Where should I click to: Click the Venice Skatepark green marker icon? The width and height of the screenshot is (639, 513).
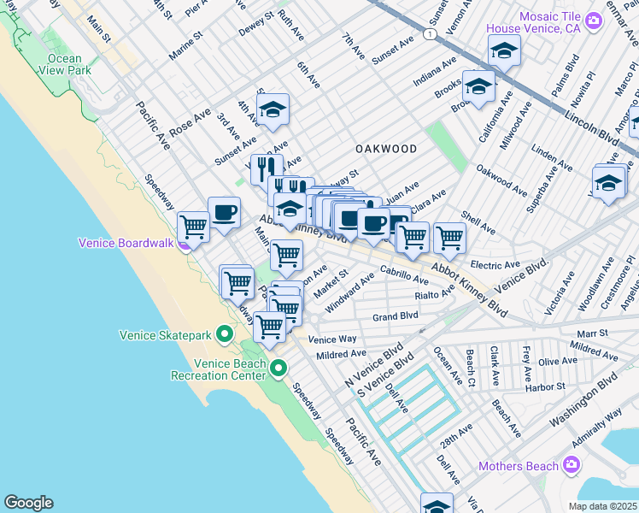226,333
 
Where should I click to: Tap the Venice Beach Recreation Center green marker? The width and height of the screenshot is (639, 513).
278,369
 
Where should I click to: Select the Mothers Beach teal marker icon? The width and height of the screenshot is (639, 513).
572,466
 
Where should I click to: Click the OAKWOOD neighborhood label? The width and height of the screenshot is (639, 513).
386,149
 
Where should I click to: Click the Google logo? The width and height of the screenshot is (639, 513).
28,503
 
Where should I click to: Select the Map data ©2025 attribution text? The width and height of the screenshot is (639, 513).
602,506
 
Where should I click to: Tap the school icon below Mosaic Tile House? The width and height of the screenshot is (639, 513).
504,51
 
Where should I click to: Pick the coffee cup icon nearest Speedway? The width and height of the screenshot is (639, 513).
224,213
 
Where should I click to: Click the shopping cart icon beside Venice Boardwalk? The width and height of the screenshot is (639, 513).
194,227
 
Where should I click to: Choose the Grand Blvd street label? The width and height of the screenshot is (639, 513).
396,316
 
